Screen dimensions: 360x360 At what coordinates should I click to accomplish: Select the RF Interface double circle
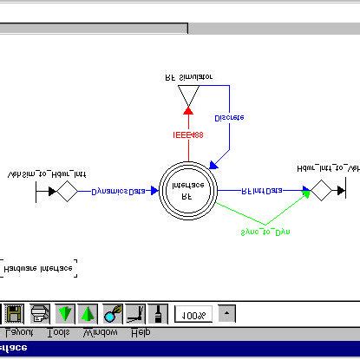coord(187,191)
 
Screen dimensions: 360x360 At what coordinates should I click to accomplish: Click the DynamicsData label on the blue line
coord(119,191)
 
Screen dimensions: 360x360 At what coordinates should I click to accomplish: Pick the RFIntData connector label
coord(261,191)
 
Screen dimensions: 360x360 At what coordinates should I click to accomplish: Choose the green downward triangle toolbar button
coord(65,312)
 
